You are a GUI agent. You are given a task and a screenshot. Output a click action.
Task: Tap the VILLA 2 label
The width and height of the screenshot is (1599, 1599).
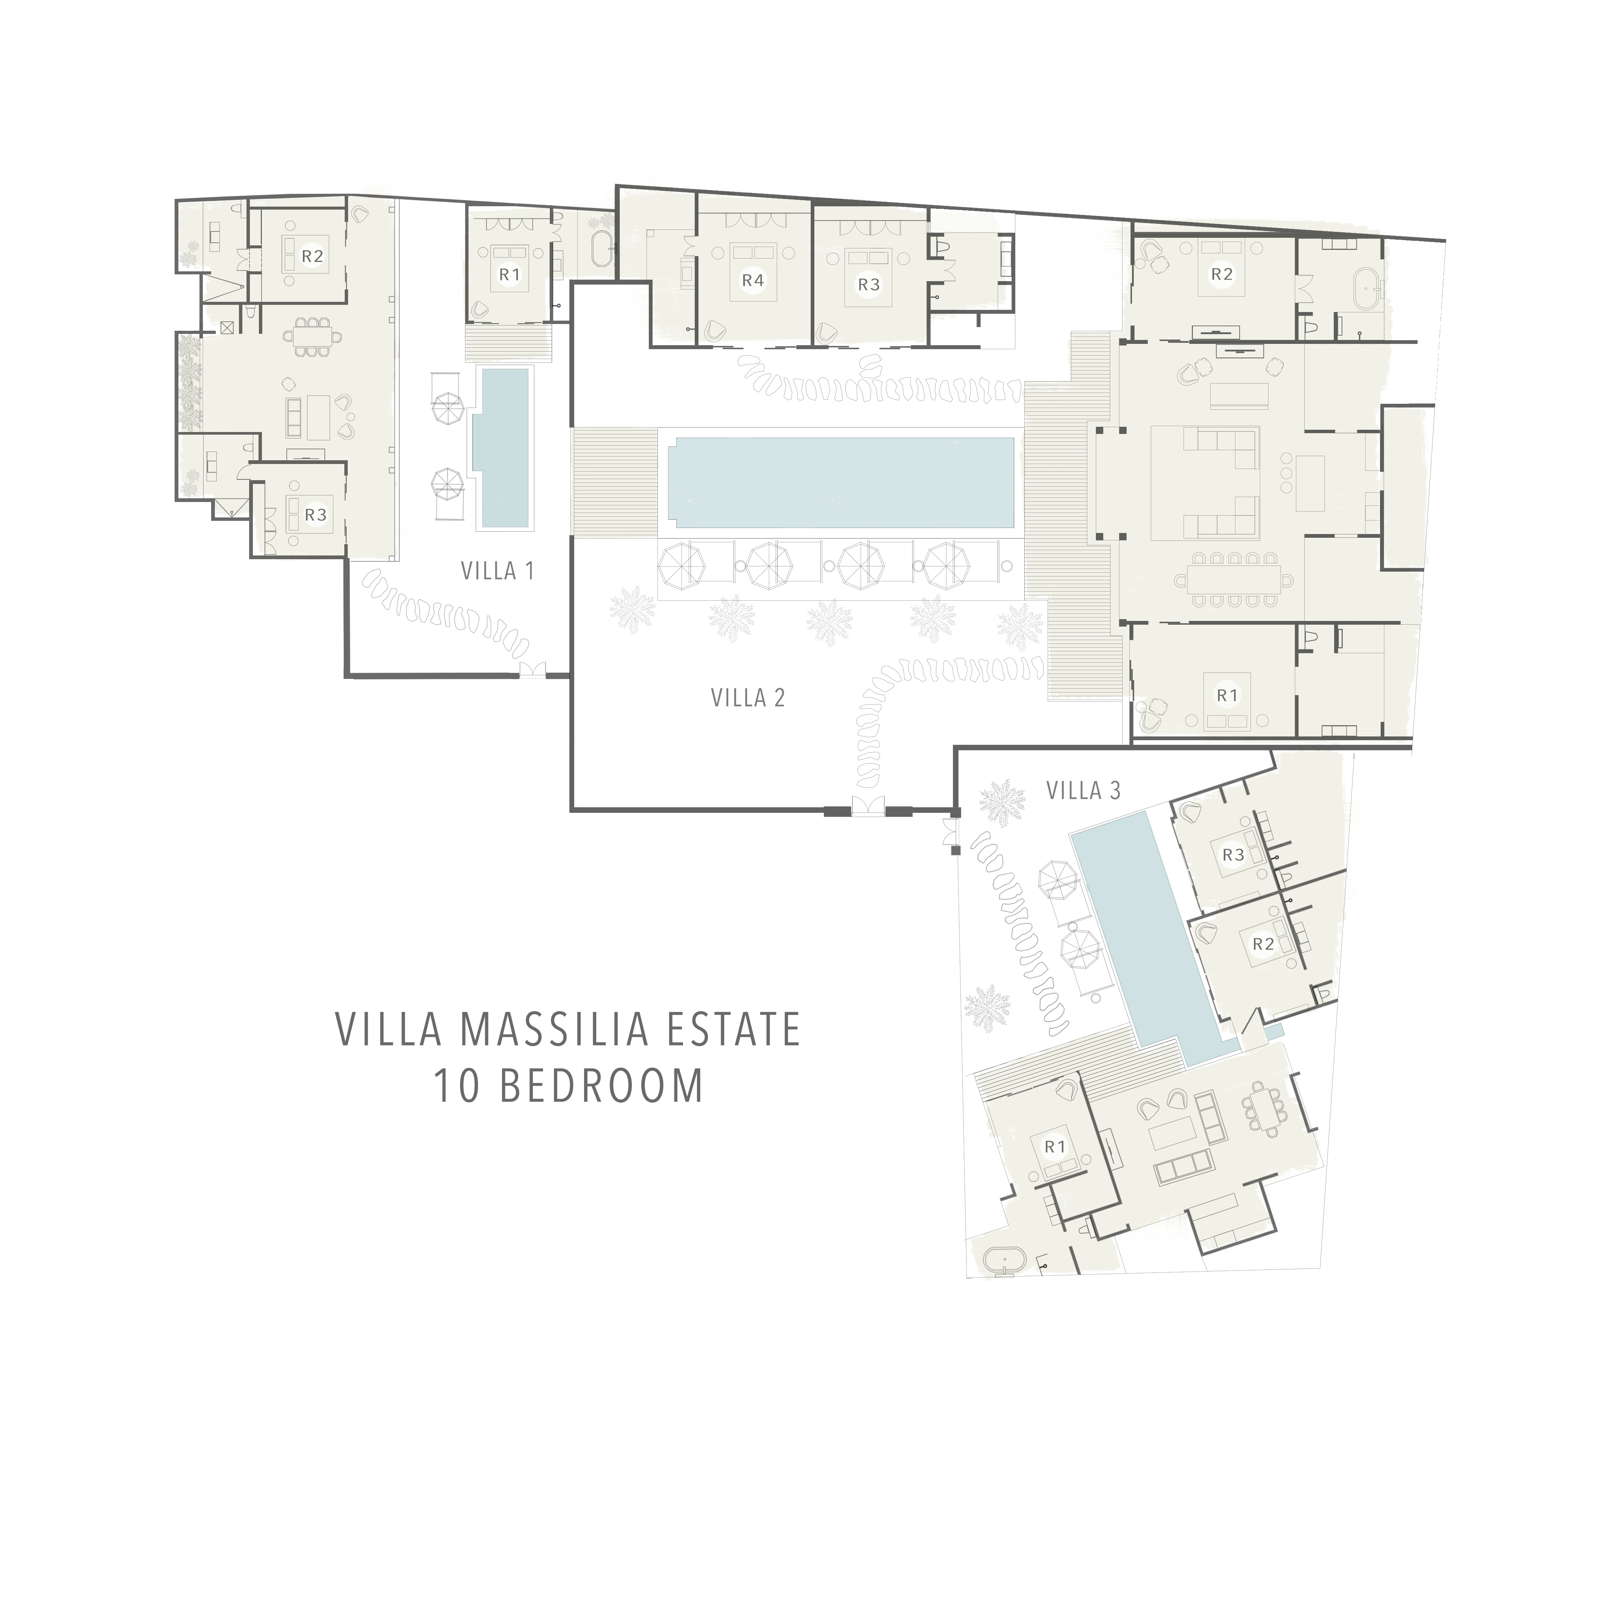click(747, 698)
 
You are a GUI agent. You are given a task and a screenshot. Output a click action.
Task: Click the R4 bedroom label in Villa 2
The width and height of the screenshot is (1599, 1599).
click(752, 281)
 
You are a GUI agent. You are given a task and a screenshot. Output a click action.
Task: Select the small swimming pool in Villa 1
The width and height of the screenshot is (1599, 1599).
click(504, 447)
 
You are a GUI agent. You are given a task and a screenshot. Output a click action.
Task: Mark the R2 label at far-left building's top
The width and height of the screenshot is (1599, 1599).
click(312, 256)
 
